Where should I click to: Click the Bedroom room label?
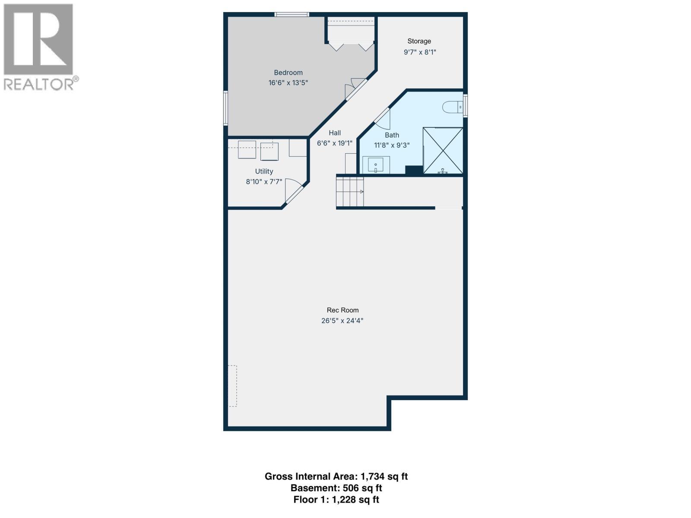(x=288, y=73)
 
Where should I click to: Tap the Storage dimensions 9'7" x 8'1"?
(x=419, y=52)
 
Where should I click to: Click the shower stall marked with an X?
(x=443, y=151)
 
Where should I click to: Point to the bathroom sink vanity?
(x=376, y=165)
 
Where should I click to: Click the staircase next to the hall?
(x=350, y=192)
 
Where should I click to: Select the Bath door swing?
(x=382, y=119)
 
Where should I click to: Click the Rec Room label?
(x=342, y=310)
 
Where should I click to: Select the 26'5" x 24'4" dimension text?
(x=342, y=321)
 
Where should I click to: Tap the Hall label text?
(x=335, y=133)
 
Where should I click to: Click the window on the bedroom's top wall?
(x=292, y=15)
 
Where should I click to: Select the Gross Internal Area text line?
(x=336, y=477)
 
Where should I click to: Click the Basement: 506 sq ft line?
(x=336, y=488)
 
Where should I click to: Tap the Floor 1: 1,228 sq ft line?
(x=336, y=500)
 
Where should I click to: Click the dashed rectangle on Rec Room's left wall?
(x=233, y=386)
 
